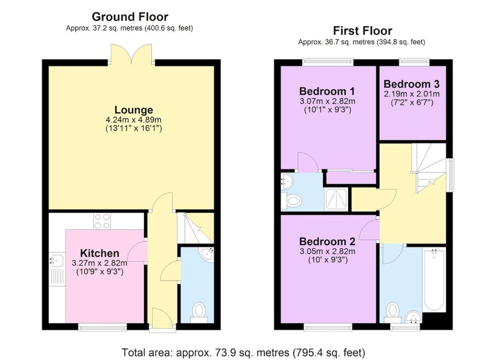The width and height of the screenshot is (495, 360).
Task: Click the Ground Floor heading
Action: [x=130, y=17]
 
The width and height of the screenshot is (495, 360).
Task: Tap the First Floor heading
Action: [x=363, y=31]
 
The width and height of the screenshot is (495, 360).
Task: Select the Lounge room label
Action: [x=134, y=110]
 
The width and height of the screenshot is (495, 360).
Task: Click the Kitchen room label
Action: [x=99, y=253]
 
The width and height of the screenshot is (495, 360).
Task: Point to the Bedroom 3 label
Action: [x=412, y=84]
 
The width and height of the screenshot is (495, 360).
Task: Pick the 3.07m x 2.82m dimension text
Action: [x=328, y=101]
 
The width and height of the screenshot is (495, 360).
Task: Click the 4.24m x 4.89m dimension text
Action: [x=134, y=120]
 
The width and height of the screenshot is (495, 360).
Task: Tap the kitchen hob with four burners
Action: [x=102, y=221]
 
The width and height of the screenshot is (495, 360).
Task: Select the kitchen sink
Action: [x=57, y=269]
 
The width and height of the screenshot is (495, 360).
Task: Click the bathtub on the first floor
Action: [x=434, y=280]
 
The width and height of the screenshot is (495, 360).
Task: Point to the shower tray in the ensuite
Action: [x=336, y=200]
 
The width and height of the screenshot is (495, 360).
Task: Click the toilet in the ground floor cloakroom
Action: [x=199, y=313]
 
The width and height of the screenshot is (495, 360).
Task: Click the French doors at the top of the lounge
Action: [x=132, y=54]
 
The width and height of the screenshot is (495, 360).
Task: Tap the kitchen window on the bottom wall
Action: [x=103, y=327]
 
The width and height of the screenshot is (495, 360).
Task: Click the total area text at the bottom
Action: [x=243, y=353]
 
